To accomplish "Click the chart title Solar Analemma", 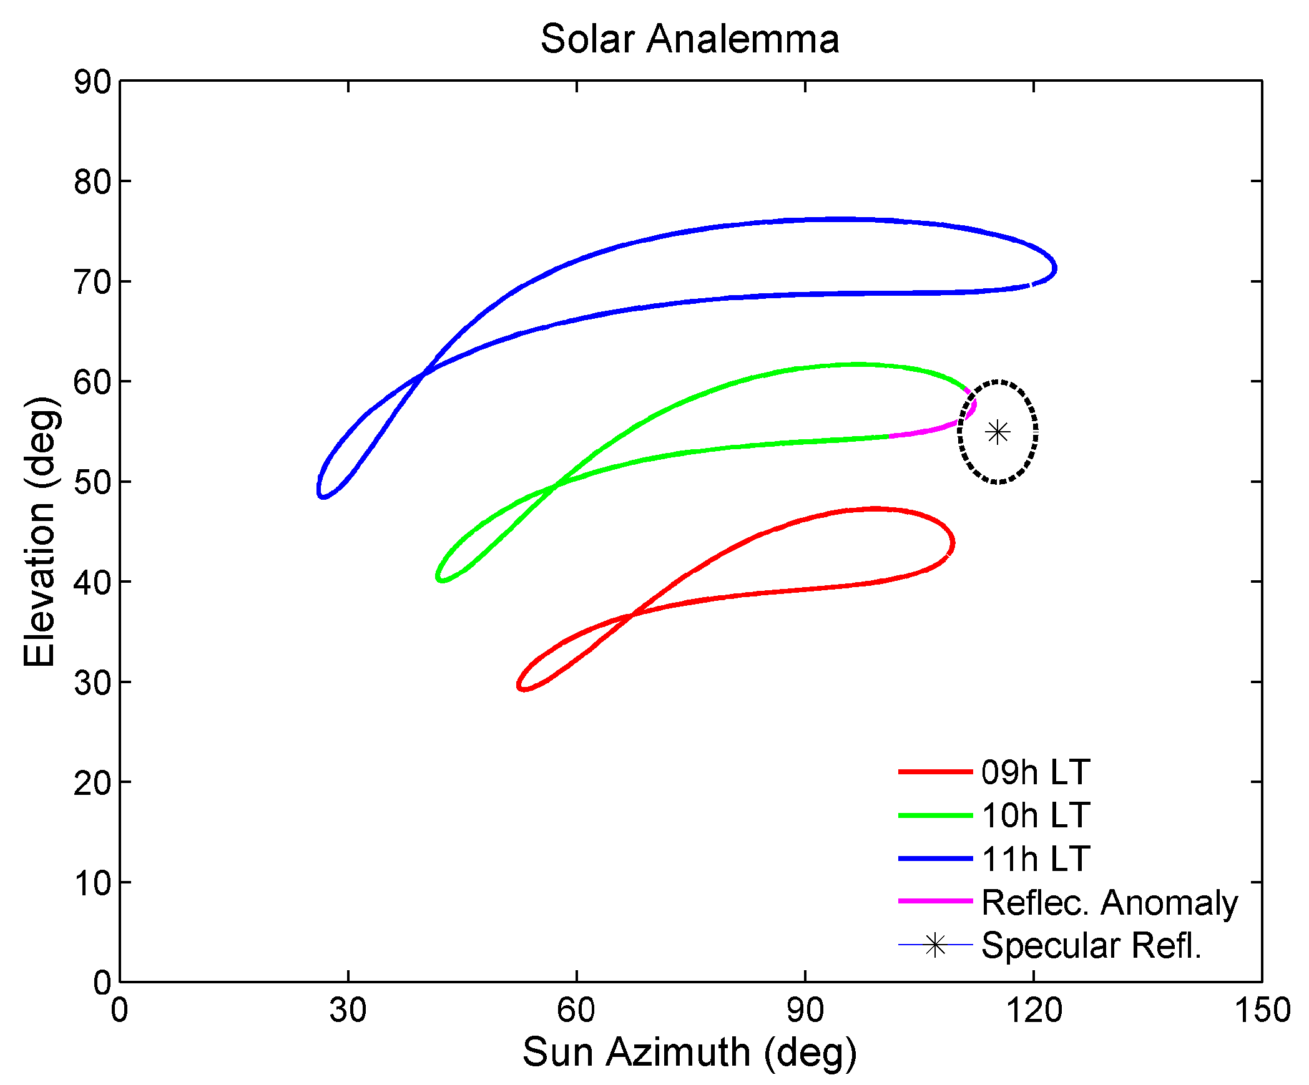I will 689,39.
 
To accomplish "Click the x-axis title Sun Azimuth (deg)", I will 689,1052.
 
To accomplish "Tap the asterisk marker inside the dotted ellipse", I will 998,432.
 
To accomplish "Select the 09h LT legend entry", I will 1035,772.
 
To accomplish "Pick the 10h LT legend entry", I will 1035,815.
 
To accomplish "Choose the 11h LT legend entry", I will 1035,859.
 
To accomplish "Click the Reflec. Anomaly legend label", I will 1109,902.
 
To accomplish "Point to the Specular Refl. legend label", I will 1091,945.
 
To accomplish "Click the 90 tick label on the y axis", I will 92,82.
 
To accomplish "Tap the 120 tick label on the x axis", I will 1034,1010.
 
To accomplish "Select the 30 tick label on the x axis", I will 348,1010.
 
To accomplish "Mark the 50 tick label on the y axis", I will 92,482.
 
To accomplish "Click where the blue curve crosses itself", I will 424,374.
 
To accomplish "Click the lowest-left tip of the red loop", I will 521,688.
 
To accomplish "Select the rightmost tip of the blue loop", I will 1056,268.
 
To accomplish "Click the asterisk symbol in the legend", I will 935,945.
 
